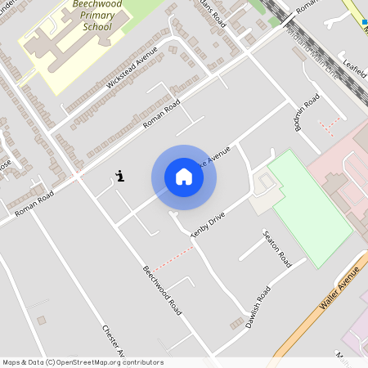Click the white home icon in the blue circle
pyautogui.click(x=184, y=177)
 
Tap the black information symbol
pyautogui.click(x=120, y=175)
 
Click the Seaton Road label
pyautogui.click(x=276, y=249)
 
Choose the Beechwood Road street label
pyautogui.click(x=162, y=291)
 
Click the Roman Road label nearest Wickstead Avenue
pyautogui.click(x=161, y=112)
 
